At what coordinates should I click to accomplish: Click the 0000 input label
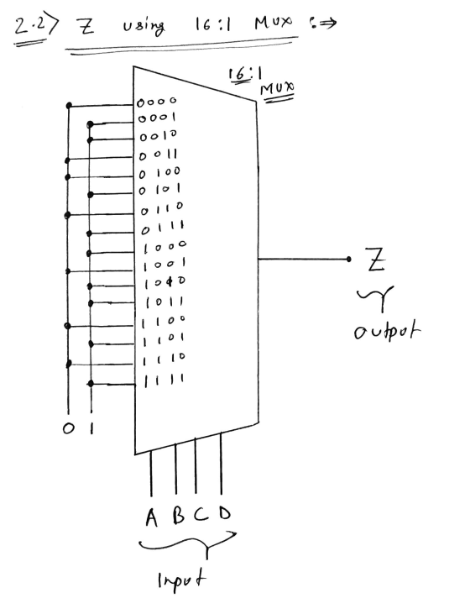(157, 102)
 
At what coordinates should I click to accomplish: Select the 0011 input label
(158, 155)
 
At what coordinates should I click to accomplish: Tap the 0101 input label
(160, 190)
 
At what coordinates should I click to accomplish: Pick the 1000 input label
(164, 246)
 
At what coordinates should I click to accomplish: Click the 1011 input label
(164, 302)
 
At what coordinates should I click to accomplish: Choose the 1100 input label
(163, 322)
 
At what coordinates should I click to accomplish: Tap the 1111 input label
(164, 380)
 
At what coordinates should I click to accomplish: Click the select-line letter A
(152, 517)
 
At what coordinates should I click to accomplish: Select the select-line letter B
(179, 515)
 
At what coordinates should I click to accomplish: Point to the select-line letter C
(201, 514)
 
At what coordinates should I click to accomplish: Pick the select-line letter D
(225, 512)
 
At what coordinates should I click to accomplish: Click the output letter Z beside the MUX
(376, 259)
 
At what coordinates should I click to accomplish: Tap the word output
(387, 332)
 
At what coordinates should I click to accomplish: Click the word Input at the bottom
(181, 580)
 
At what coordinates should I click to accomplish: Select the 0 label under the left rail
(68, 428)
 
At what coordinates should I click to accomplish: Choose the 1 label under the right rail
(91, 428)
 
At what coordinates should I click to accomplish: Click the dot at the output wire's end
(348, 259)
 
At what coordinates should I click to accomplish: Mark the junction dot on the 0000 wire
(70, 105)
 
